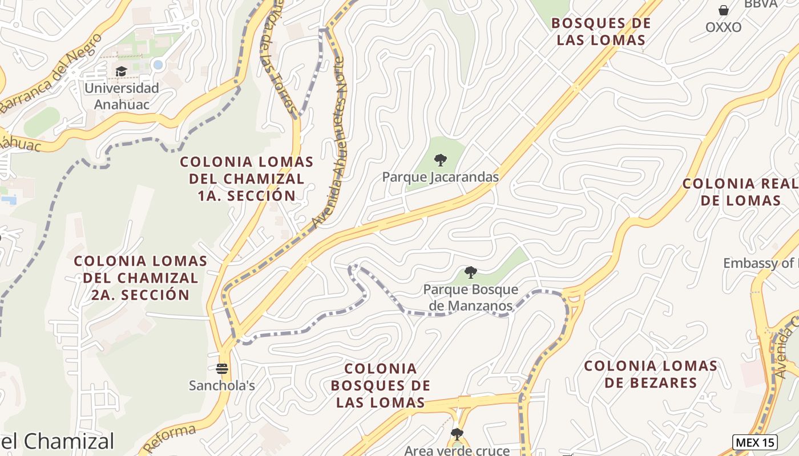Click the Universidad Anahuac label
click(x=122, y=96)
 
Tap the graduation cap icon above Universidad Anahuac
click(x=121, y=72)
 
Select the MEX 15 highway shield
click(x=754, y=442)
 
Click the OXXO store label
click(x=723, y=27)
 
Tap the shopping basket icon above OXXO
click(x=723, y=10)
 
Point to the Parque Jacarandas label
click(x=440, y=177)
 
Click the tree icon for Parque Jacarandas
click(x=440, y=160)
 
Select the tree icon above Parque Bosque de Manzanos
click(x=470, y=272)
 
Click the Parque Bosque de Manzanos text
click(x=470, y=298)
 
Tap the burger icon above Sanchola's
click(x=222, y=369)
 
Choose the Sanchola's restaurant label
click(x=222, y=386)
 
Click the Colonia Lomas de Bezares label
click(x=651, y=374)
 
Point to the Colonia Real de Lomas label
click(x=741, y=192)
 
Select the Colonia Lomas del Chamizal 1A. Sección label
click(x=247, y=178)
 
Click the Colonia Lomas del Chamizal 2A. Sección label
click(x=140, y=278)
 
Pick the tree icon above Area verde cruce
click(x=457, y=434)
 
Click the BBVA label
click(x=760, y=3)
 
